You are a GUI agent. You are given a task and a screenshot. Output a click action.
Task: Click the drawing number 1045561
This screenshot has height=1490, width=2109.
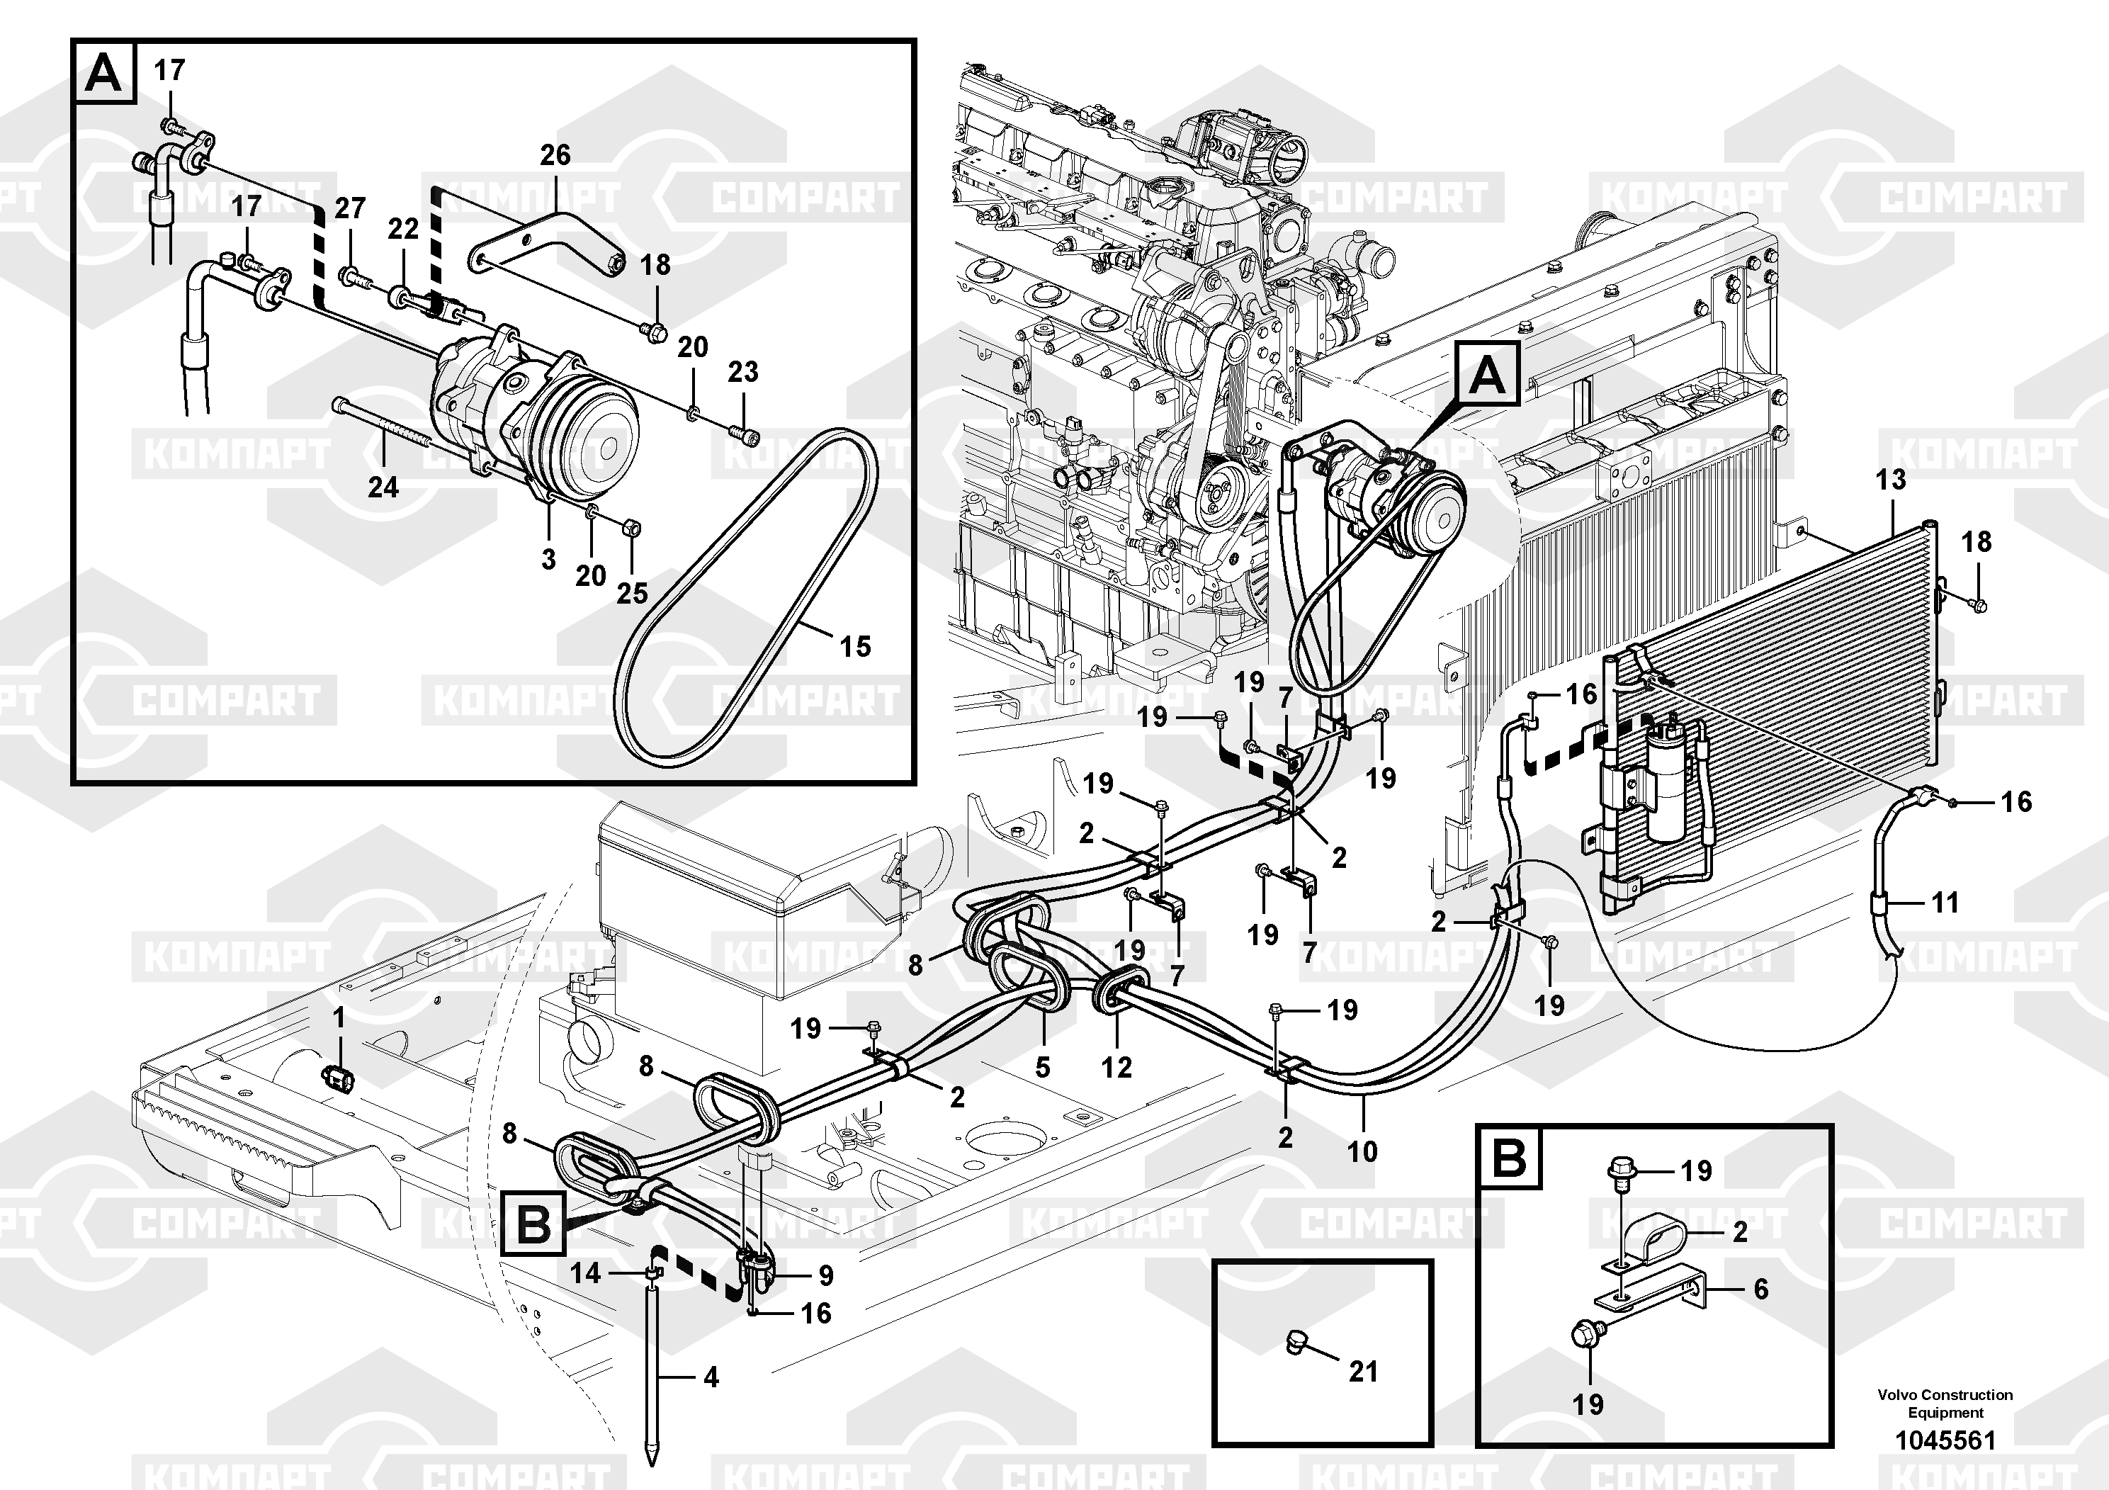[1945, 1440]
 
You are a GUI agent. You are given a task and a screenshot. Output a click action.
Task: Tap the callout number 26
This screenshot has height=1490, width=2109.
[555, 155]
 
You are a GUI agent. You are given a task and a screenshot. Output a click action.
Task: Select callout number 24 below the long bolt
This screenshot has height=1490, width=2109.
[383, 487]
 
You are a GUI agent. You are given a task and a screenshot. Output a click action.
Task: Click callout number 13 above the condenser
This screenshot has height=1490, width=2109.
[1890, 480]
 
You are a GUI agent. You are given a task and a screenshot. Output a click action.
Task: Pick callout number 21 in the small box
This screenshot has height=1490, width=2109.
[1363, 1372]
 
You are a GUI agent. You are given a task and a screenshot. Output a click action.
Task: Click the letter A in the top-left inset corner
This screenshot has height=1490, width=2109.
[103, 72]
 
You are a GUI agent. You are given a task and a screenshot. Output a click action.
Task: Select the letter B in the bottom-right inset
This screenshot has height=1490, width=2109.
[1508, 1158]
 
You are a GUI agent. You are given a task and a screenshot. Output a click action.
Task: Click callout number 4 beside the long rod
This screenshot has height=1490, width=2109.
[711, 1377]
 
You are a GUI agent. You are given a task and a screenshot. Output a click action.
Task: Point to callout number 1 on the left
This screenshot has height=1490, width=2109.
[338, 1018]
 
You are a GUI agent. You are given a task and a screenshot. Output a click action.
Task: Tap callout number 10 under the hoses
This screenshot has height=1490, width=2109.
[1362, 1151]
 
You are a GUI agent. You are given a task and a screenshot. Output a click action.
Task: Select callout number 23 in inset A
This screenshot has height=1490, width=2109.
[743, 372]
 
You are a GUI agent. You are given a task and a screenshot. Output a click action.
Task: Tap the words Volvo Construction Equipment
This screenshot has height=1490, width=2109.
[1945, 1403]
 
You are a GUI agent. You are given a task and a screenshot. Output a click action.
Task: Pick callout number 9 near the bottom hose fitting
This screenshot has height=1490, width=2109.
[826, 1275]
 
